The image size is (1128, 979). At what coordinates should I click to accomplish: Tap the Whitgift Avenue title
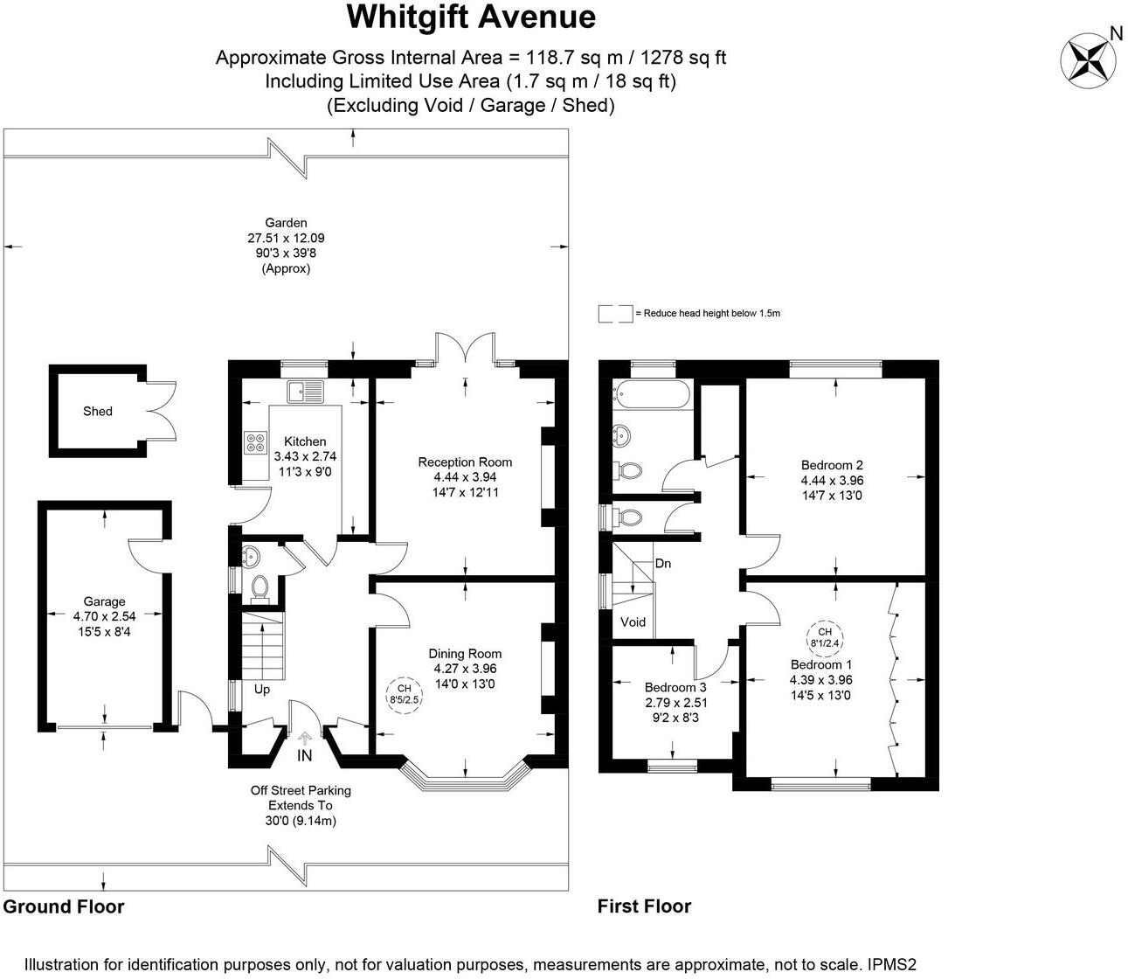(x=471, y=17)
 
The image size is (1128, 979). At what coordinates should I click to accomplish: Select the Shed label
(x=98, y=411)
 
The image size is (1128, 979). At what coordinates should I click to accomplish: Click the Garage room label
(x=104, y=601)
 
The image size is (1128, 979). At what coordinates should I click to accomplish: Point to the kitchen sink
(x=304, y=392)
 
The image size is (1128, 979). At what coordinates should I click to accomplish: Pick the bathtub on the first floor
(x=653, y=397)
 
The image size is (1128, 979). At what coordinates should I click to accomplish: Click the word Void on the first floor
(x=633, y=622)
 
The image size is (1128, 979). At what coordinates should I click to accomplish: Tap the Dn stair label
(x=663, y=564)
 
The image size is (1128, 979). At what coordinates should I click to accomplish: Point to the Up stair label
(x=261, y=690)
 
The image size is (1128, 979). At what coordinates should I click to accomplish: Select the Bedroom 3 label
(x=675, y=687)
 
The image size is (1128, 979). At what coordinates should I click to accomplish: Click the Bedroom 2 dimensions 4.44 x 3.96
(x=832, y=480)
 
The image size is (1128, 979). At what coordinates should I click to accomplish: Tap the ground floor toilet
(x=258, y=588)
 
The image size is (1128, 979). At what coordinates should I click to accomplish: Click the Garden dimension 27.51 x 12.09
(x=287, y=238)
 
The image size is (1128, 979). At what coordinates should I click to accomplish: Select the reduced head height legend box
(x=615, y=313)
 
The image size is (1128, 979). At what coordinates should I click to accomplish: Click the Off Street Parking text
(x=301, y=790)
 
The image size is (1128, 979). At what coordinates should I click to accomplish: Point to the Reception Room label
(x=465, y=462)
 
